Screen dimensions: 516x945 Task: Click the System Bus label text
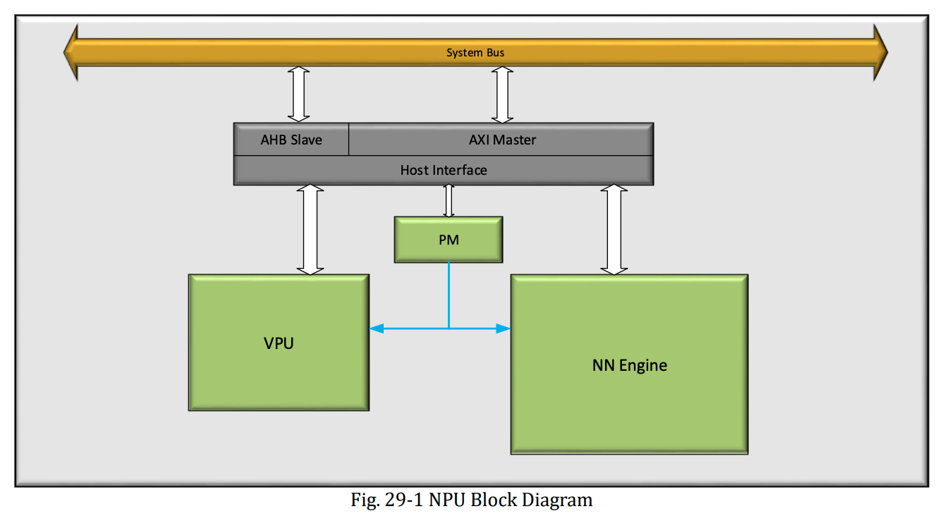475,53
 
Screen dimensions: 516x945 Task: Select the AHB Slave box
291,140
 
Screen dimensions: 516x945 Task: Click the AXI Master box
502,140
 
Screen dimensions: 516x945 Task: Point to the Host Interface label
444,170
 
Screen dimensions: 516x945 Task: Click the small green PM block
449,240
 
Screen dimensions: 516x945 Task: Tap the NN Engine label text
629,365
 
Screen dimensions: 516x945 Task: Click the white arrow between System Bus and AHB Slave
299,94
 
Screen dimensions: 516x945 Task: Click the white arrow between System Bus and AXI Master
502,94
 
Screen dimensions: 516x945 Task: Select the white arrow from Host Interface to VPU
310,230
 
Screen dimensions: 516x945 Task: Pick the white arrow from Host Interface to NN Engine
614,230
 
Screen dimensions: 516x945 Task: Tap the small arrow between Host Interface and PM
449,201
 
